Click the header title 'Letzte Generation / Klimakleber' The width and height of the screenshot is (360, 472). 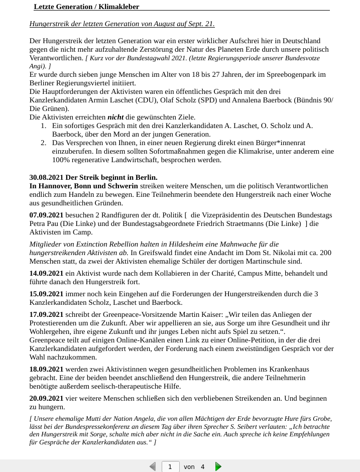pyautogui.click(x=86, y=7)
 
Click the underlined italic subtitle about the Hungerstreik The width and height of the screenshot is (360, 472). pyautogui.click(x=122, y=24)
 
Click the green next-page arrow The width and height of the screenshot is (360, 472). pyautogui.click(x=218, y=466)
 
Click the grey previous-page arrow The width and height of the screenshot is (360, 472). pyautogui.click(x=153, y=466)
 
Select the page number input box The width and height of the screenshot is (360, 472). pyautogui.click(x=170, y=466)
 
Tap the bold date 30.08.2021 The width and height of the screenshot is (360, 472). pyautogui.click(x=47, y=177)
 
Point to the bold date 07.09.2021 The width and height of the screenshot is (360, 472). pyautogui.click(x=47, y=215)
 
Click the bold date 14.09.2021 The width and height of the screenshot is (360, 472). pyautogui.click(x=47, y=273)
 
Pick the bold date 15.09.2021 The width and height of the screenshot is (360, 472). pyautogui.click(x=47, y=294)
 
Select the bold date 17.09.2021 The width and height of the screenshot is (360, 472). pyautogui.click(x=47, y=314)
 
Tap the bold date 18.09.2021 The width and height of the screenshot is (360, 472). pyautogui.click(x=47, y=369)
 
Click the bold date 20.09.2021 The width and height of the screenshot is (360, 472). pyautogui.click(x=47, y=398)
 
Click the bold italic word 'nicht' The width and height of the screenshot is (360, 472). pyautogui.click(x=115, y=117)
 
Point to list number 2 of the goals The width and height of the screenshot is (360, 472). pyautogui.click(x=44, y=143)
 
